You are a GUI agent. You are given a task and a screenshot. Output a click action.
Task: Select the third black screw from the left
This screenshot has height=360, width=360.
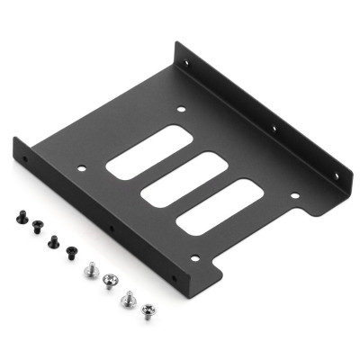click(53, 240)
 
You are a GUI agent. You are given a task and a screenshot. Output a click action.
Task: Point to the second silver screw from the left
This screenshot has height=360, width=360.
click(112, 280)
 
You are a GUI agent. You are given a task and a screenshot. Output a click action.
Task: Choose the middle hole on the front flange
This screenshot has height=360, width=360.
click(112, 229)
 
